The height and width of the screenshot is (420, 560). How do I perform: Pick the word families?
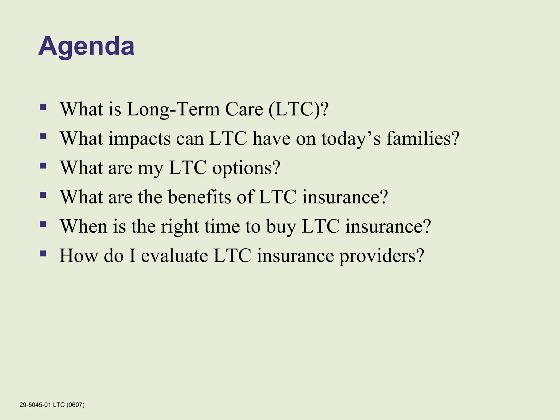tap(423, 139)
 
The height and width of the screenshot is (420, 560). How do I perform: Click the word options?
tap(246, 168)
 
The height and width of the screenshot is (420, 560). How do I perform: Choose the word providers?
tap(382, 256)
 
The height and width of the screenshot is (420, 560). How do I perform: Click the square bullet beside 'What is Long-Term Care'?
tap(43, 107)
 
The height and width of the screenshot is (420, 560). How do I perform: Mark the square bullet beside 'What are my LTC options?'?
tap(43, 165)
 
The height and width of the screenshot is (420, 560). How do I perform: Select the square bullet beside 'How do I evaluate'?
tap(43, 253)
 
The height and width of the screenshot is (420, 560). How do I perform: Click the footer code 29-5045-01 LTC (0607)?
tap(52, 405)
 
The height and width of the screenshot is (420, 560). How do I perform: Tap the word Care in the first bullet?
tap(244, 109)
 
